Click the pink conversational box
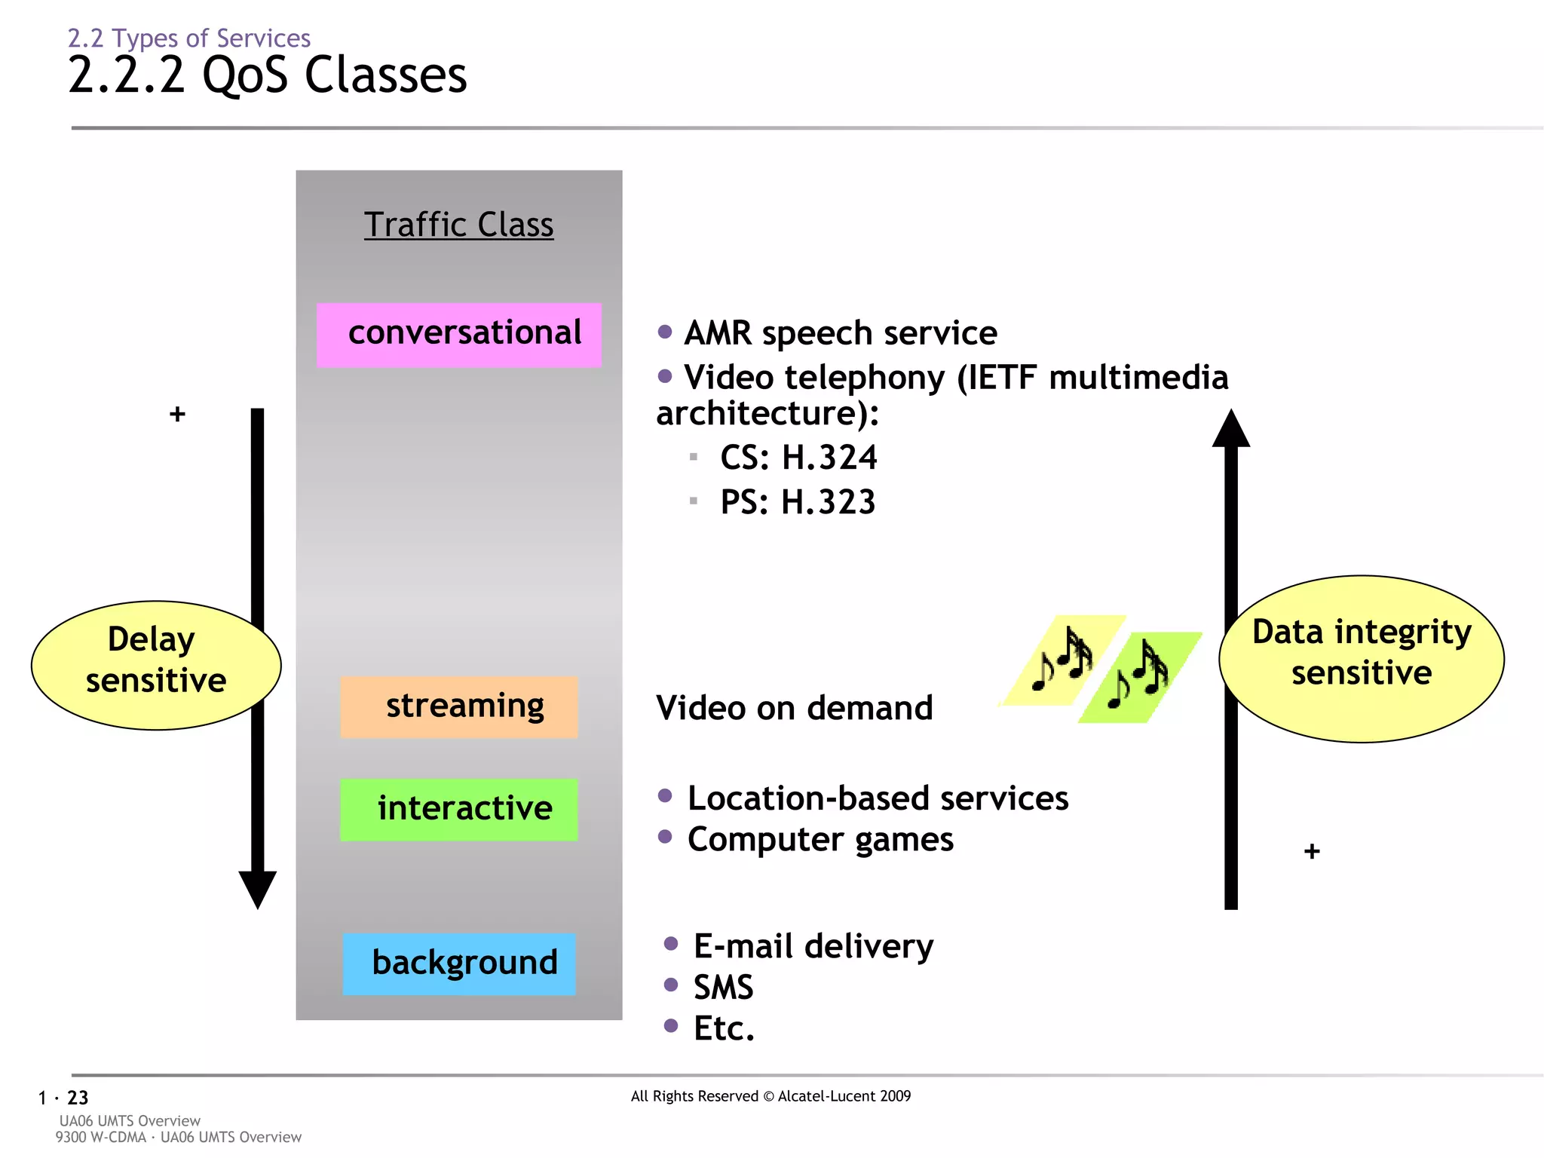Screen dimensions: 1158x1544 [458, 335]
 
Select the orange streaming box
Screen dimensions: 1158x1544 [458, 706]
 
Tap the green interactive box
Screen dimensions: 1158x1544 [458, 809]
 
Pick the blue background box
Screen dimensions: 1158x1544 [458, 963]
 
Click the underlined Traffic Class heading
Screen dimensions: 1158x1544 [458, 225]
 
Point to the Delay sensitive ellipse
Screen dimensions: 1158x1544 [155, 665]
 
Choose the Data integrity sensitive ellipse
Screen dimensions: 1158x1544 [1361, 658]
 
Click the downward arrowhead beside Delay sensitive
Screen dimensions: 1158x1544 [257, 890]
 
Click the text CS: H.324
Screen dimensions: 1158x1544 [798, 458]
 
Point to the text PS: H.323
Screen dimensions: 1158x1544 [797, 502]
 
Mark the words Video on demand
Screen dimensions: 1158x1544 [794, 708]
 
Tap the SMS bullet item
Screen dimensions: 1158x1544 [722, 987]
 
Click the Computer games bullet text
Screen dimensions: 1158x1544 [819, 839]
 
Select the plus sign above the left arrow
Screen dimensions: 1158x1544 [177, 414]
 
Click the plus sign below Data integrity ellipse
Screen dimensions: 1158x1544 [1311, 851]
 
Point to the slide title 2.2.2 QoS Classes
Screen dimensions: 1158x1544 [268, 75]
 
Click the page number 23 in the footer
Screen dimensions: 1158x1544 [78, 1098]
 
